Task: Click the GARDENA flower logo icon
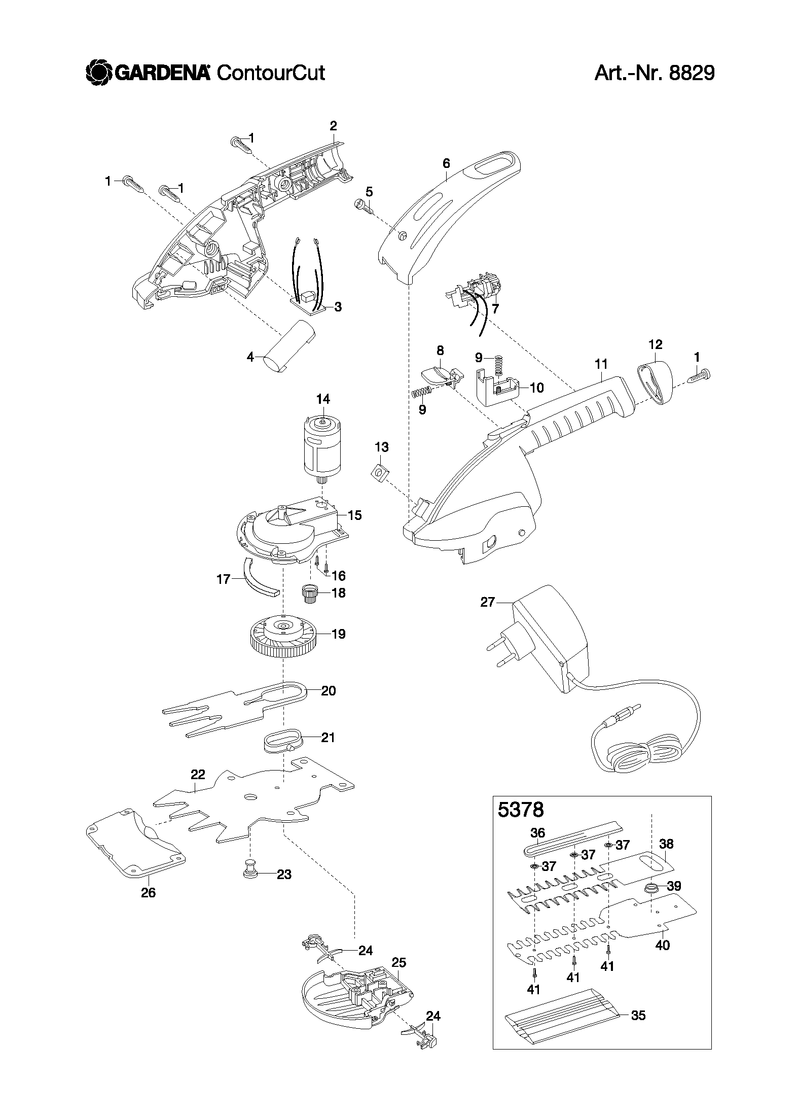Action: pos(98,72)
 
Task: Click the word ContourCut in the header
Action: pos(270,73)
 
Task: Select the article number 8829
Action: pos(692,73)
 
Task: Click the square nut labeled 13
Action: pos(379,473)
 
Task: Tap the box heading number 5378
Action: pos(521,809)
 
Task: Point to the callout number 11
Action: pos(601,364)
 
